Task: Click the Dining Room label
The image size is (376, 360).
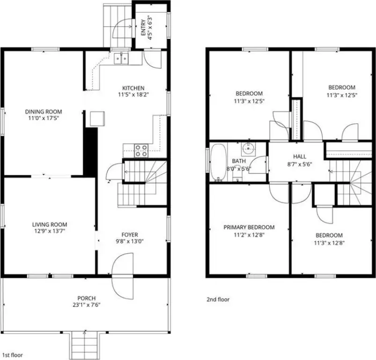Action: click(x=44, y=112)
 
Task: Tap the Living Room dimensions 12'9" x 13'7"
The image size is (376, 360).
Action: click(x=50, y=231)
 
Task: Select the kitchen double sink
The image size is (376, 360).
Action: click(x=121, y=59)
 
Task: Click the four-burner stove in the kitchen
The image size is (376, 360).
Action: click(x=141, y=150)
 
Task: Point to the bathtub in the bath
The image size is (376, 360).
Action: click(x=219, y=162)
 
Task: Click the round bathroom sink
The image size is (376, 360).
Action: click(x=248, y=148)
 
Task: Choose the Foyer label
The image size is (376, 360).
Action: click(x=130, y=235)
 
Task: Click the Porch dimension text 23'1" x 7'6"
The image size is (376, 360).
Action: click(x=87, y=305)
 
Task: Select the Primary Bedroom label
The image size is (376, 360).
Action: click(x=249, y=227)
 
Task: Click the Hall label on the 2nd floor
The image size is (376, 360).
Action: click(x=300, y=157)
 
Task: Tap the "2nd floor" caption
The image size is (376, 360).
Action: click(x=218, y=299)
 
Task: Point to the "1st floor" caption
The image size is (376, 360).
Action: click(x=13, y=355)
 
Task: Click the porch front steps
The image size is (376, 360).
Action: click(x=85, y=345)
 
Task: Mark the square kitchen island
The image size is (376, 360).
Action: click(x=97, y=119)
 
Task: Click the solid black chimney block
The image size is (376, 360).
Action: click(x=90, y=152)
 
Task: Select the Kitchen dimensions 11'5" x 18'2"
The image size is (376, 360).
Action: click(x=133, y=95)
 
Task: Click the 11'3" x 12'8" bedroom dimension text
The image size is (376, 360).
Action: click(x=329, y=243)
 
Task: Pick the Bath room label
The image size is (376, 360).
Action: click(x=239, y=161)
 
